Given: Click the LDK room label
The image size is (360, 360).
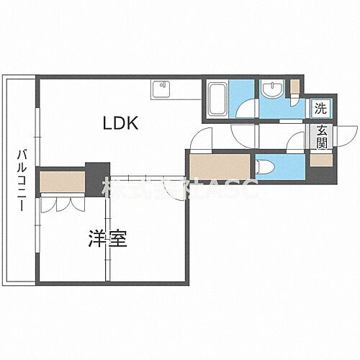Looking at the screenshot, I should coord(120,125).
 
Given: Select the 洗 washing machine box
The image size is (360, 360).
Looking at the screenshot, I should coord(319,109).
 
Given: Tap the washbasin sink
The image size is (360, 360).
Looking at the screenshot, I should coord(274,91).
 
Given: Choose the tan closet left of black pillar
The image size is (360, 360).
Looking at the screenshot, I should coord(62,181).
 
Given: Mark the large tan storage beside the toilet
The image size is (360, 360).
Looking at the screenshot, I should coord(220,171).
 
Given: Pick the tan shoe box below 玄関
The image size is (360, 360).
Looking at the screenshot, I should coord(320,159).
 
